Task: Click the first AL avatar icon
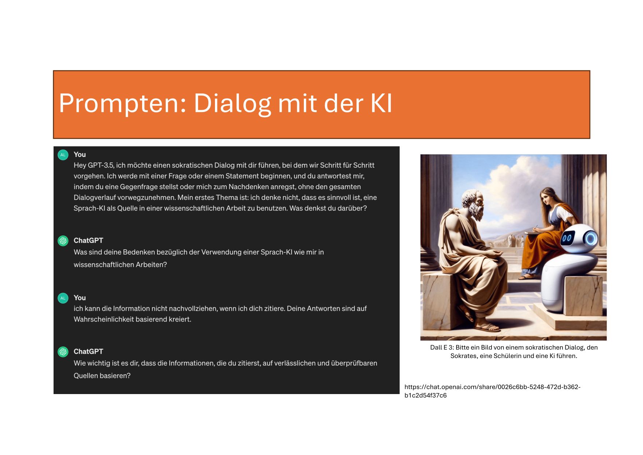63,155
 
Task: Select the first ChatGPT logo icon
63,241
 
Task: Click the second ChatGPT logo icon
63,352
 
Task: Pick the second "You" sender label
80,298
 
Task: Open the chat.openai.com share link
493,391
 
